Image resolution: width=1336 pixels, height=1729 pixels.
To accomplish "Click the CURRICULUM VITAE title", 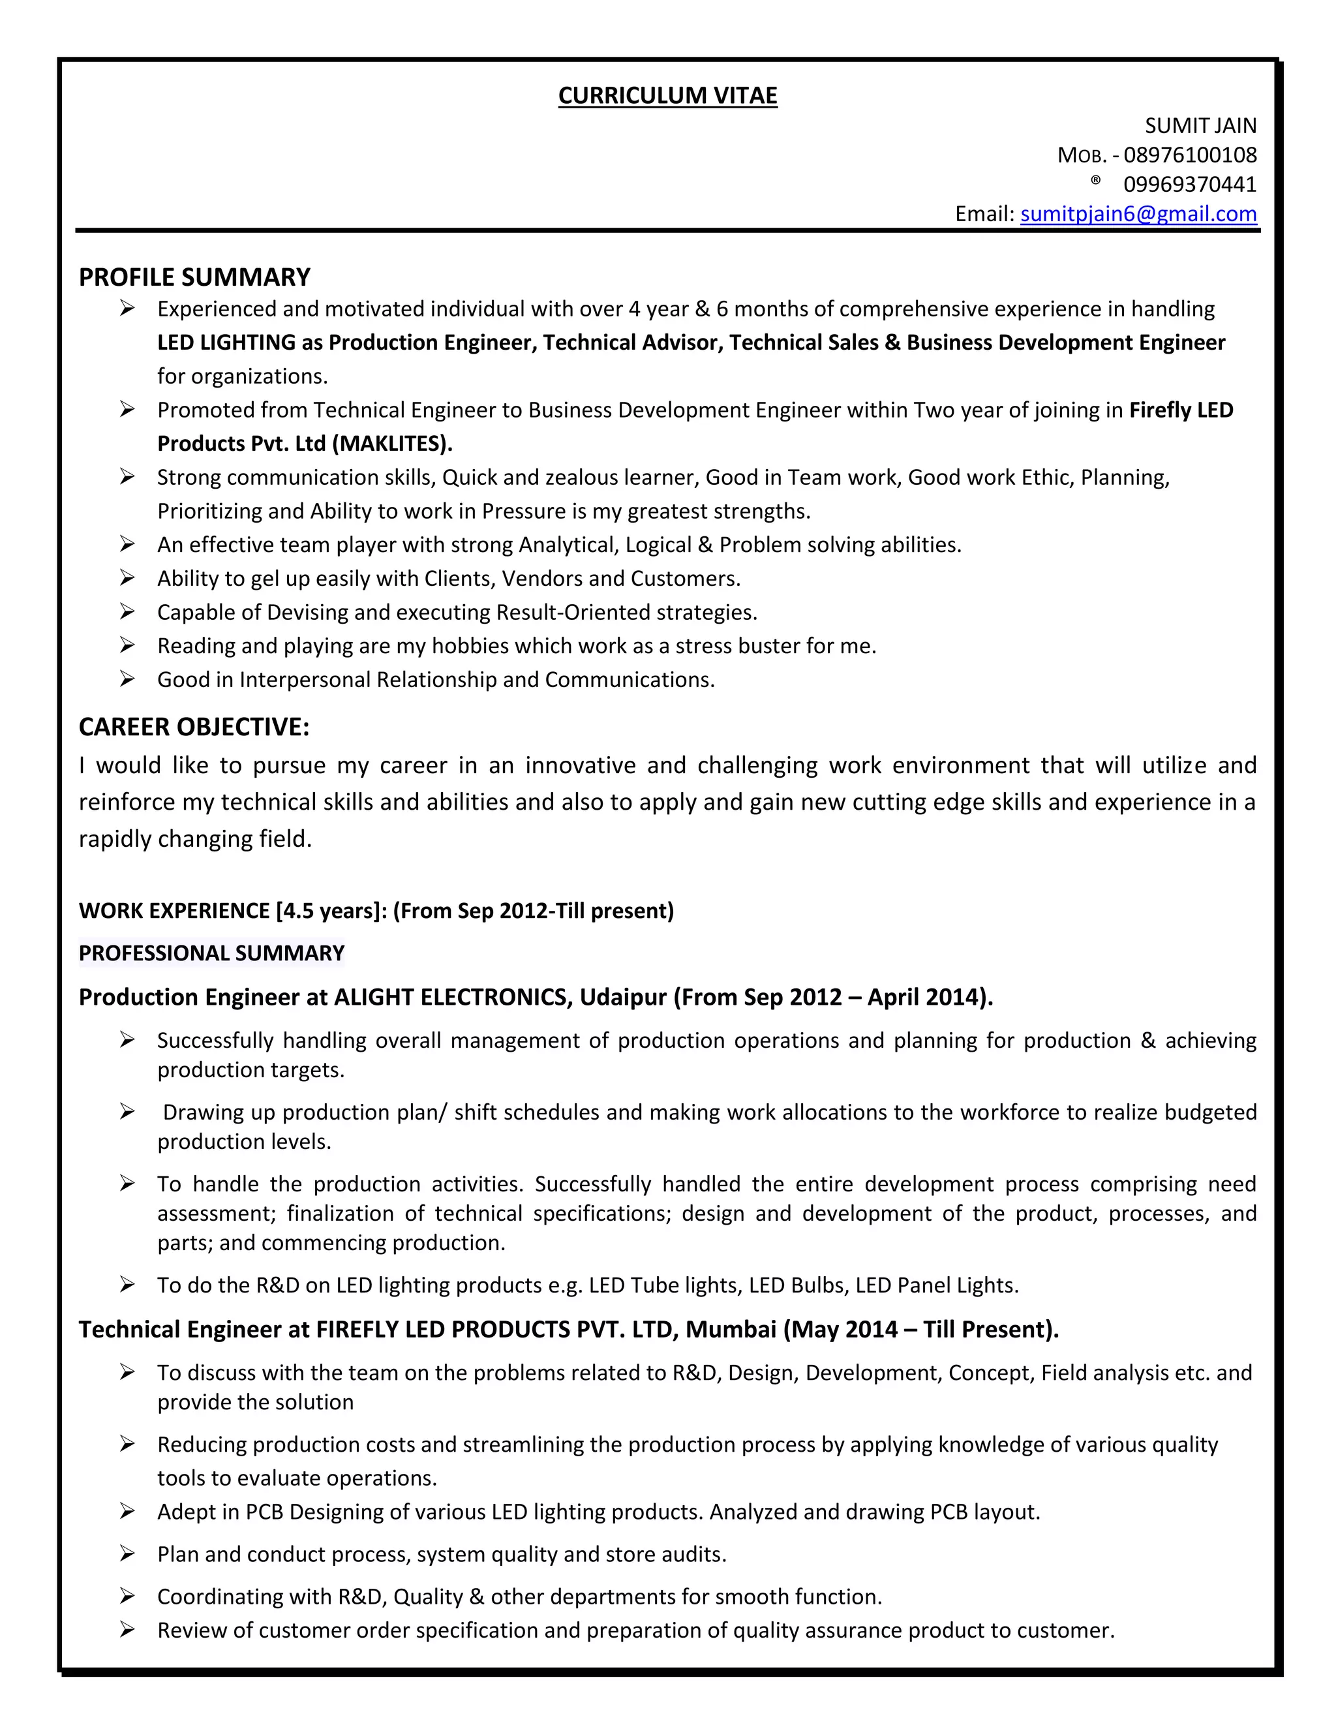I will click(x=667, y=95).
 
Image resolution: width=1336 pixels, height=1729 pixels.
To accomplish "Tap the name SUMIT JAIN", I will click(x=1200, y=126).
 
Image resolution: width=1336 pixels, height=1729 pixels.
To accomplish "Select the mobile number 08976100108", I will click(x=1190, y=155).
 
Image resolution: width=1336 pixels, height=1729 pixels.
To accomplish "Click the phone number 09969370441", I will click(x=1190, y=185).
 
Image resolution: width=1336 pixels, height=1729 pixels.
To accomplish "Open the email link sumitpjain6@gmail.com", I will click(x=1138, y=214).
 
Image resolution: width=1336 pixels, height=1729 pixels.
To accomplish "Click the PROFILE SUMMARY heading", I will click(x=194, y=277).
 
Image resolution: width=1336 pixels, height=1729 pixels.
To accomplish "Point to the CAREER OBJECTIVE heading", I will click(x=194, y=727).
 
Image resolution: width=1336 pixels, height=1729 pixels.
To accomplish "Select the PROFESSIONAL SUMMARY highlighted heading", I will click(x=211, y=953).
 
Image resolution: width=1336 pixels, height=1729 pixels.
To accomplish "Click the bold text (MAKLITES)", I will click(x=392, y=443).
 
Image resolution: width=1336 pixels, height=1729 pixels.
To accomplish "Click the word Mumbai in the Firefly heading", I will click(x=731, y=1329).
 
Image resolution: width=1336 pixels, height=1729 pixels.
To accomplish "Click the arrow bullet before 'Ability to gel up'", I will click(x=127, y=578).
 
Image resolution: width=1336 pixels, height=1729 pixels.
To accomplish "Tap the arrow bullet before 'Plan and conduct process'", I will click(x=127, y=1554).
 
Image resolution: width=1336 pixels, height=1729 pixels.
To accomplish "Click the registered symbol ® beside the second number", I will click(x=1095, y=181).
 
